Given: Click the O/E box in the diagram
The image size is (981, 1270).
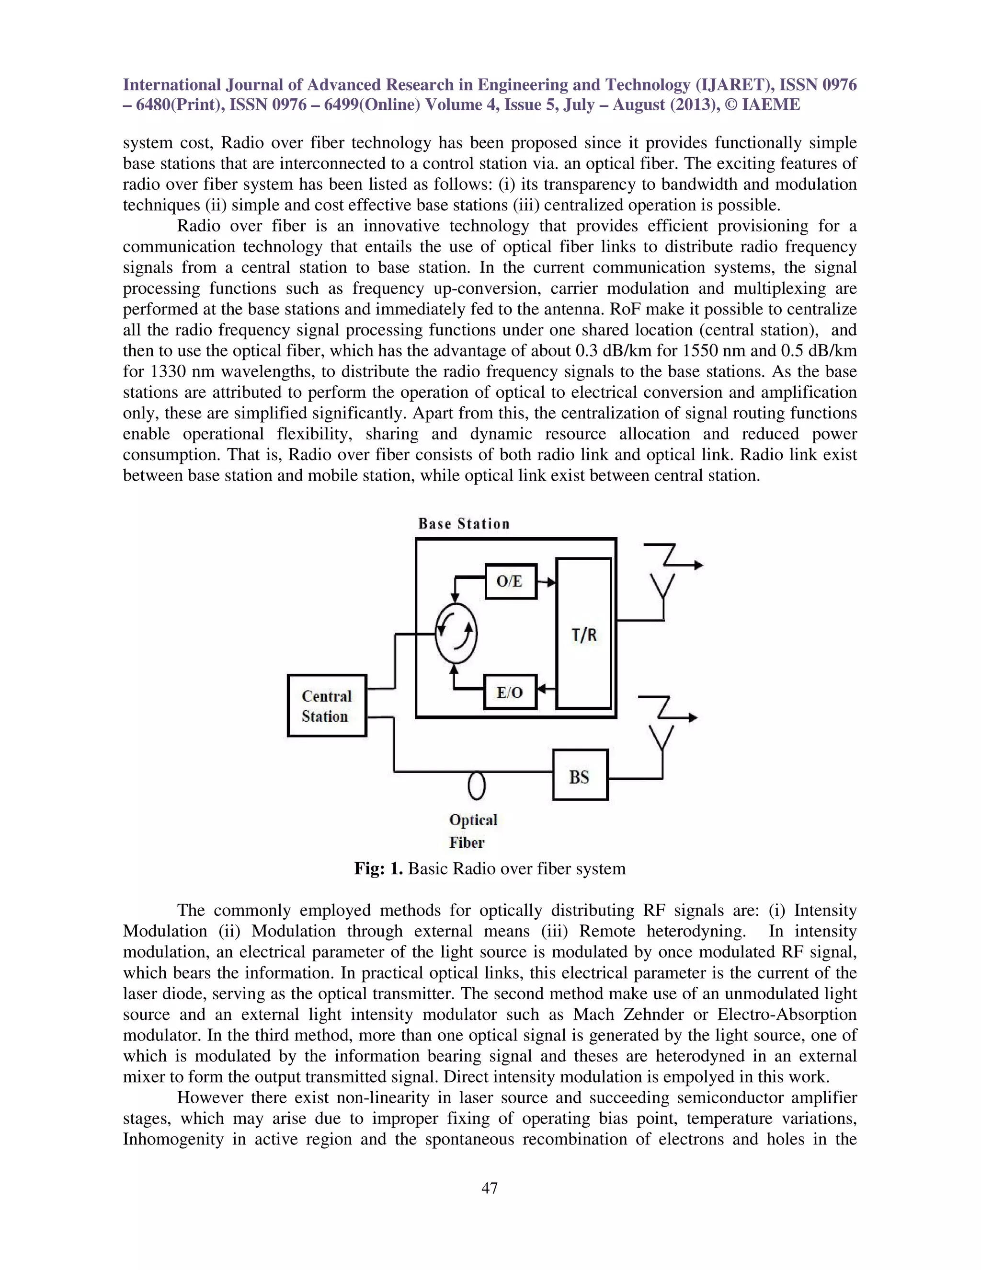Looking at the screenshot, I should coord(510,581).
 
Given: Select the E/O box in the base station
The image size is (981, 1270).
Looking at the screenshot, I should coord(510,692).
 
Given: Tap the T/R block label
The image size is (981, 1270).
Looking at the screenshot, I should coord(583,635).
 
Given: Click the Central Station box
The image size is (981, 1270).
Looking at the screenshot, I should coord(327,705).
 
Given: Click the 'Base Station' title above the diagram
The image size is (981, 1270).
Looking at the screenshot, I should coord(463,524).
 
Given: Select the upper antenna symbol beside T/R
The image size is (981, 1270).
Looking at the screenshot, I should coord(663,584).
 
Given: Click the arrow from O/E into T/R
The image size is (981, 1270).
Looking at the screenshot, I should coord(546,581).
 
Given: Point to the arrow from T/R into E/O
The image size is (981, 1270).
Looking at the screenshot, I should coord(546,690).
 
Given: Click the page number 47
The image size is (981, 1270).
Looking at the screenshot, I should coord(490,1189).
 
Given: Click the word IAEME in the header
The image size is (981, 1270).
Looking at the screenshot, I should coord(771,104).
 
